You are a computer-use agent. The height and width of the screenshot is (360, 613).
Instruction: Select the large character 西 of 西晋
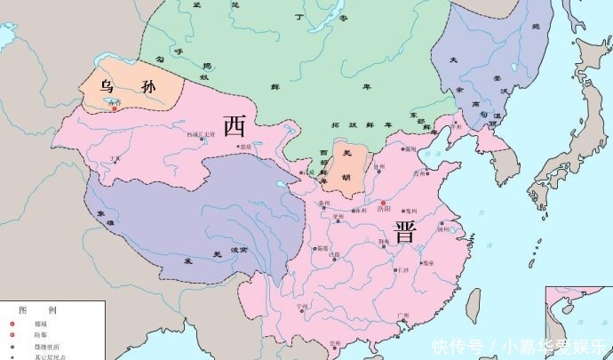(x=235, y=125)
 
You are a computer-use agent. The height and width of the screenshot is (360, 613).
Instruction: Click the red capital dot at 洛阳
(x=370, y=203)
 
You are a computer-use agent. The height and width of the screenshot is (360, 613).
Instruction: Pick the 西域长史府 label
(x=201, y=134)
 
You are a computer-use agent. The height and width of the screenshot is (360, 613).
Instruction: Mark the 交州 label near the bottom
(x=337, y=343)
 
